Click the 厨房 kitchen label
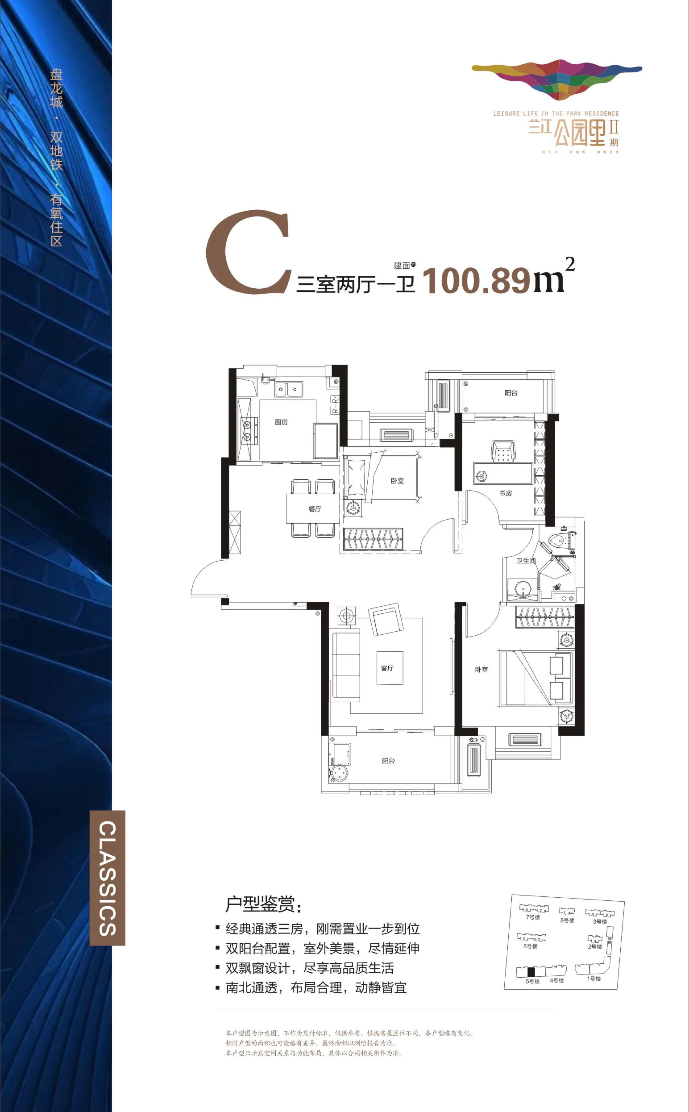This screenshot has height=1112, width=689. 281,422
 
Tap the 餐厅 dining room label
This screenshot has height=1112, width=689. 314,509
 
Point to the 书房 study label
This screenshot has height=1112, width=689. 505,493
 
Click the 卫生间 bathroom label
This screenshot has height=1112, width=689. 525,561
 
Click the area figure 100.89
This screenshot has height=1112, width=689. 476,281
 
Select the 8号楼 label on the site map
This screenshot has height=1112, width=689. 567,920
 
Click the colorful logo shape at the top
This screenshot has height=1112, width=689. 557,78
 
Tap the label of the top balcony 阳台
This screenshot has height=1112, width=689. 511,393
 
